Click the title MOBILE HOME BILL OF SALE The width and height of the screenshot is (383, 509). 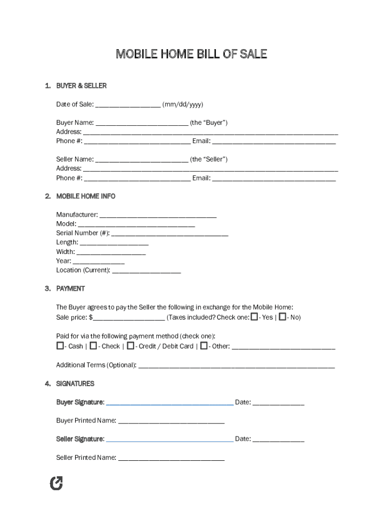pyautogui.click(x=191, y=54)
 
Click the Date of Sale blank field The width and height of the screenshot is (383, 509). pyautogui.click(x=127, y=105)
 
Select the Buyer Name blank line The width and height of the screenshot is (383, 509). pyautogui.click(x=141, y=123)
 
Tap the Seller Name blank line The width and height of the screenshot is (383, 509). pyautogui.click(x=141, y=160)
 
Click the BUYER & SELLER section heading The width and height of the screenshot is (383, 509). pyautogui.click(x=81, y=86)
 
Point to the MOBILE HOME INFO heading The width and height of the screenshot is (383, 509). pyautogui.click(x=86, y=196)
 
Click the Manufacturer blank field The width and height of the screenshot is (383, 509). pyautogui.click(x=158, y=215)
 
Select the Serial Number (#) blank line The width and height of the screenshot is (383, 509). pyautogui.click(x=170, y=234)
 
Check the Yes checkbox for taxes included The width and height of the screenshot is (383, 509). pyautogui.click(x=254, y=317)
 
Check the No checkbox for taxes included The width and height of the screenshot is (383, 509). pyautogui.click(x=283, y=317)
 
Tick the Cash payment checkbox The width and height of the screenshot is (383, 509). pyautogui.click(x=60, y=345)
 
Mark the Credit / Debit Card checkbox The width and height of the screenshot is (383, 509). pyautogui.click(x=130, y=345)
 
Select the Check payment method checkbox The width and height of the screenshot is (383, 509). pyautogui.click(x=93, y=345)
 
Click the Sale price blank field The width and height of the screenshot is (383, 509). pyautogui.click(x=129, y=318)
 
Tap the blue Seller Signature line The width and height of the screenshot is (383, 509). pyautogui.click(x=170, y=440)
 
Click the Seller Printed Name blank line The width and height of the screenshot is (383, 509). pyautogui.click(x=171, y=458)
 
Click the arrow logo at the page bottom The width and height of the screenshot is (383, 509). pyautogui.click(x=57, y=483)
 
